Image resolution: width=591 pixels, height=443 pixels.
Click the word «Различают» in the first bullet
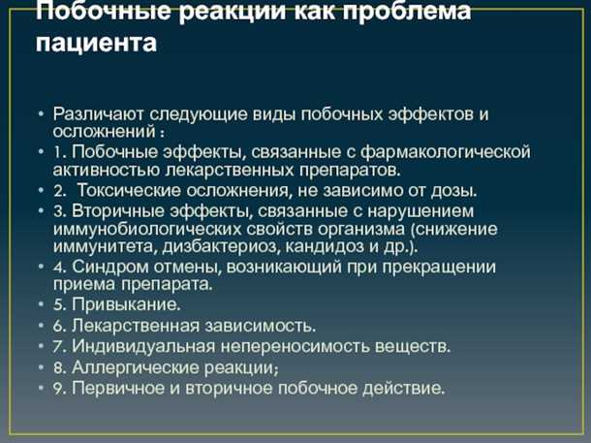(x=103, y=113)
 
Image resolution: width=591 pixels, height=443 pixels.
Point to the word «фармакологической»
(x=451, y=151)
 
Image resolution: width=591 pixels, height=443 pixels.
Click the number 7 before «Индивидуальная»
(x=59, y=345)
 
